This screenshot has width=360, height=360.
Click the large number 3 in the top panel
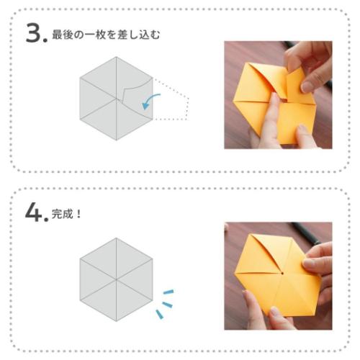35,34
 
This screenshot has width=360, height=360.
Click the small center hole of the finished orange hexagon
283,275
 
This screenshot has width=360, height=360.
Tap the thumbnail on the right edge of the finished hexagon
312,264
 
